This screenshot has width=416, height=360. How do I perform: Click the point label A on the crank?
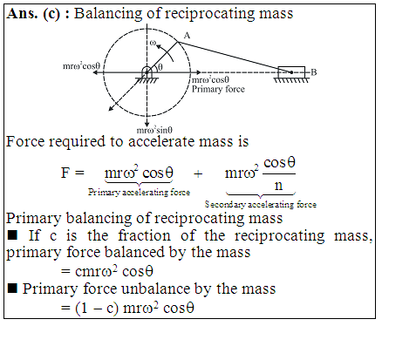(x=187, y=36)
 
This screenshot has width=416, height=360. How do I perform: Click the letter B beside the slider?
(x=314, y=72)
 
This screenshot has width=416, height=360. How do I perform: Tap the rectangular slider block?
(x=291, y=72)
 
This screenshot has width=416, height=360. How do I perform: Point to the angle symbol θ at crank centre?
(x=160, y=67)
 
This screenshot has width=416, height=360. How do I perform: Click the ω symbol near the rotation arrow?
(x=153, y=43)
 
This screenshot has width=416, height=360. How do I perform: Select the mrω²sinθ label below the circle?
(x=154, y=130)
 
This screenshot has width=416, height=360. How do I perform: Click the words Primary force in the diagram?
(x=218, y=89)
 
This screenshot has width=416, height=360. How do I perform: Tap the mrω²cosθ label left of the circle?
(x=81, y=66)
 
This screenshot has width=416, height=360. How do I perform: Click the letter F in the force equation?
(x=65, y=173)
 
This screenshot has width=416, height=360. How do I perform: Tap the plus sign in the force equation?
(x=198, y=173)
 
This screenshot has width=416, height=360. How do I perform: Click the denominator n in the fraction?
(x=278, y=185)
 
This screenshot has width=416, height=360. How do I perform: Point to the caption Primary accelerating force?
(x=139, y=192)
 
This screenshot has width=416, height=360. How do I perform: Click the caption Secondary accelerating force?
(x=261, y=204)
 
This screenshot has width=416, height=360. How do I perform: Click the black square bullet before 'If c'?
(x=12, y=234)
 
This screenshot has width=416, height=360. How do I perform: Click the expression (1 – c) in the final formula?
(x=97, y=308)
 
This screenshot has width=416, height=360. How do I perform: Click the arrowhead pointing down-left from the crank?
(x=111, y=109)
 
